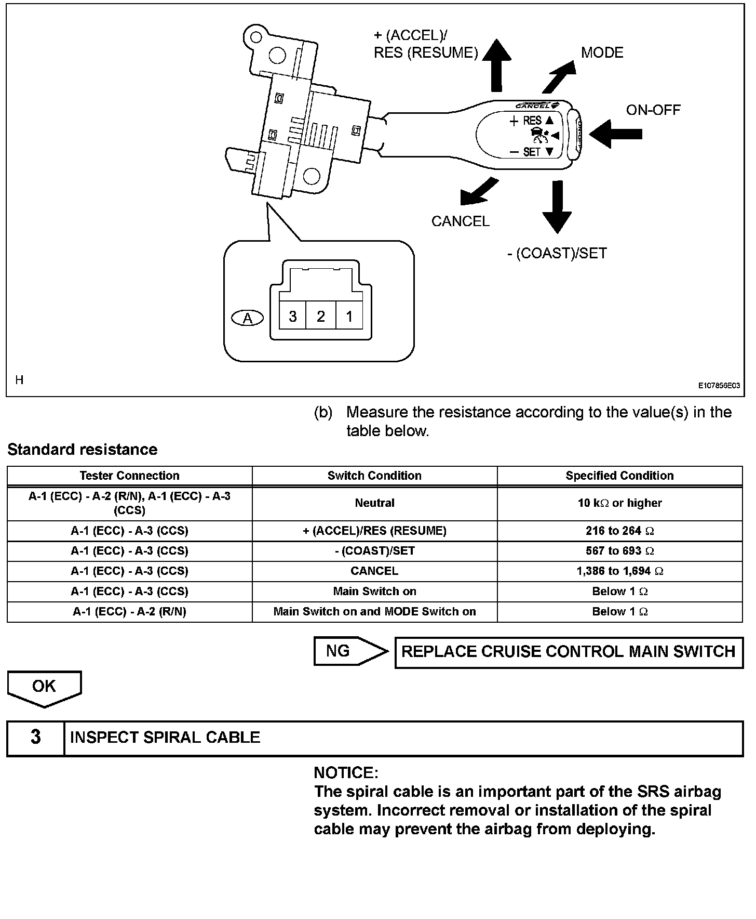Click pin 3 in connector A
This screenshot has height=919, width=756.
point(293,316)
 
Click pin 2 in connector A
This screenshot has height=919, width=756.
point(321,316)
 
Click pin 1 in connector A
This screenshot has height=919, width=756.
point(349,316)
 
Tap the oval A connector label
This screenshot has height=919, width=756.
point(248,318)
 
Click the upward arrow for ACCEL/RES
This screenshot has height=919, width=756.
point(496,65)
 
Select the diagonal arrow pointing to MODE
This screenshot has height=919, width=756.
point(559,76)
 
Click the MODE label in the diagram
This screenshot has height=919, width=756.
point(602,52)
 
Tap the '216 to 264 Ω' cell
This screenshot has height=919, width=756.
point(619,531)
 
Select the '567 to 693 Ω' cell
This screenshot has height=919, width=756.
point(619,551)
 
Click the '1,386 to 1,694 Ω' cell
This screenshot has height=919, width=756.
point(619,571)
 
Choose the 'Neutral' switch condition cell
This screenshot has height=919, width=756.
point(374,503)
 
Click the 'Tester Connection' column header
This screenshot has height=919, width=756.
point(129,476)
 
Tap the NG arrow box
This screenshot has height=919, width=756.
point(350,651)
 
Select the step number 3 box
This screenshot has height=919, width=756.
point(35,738)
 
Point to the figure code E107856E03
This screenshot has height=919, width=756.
point(719,386)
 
